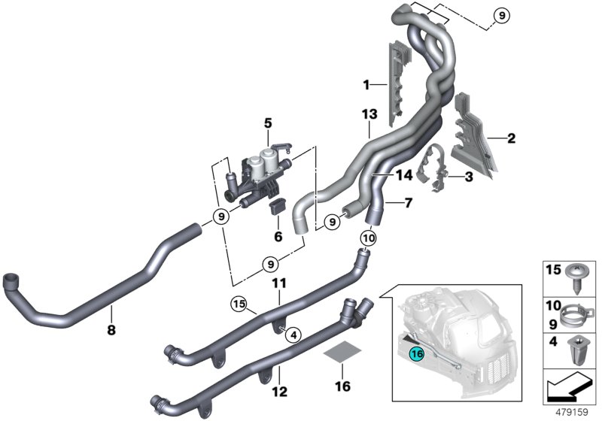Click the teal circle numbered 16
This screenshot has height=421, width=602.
tap(418, 353)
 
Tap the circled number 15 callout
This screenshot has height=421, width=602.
tap(239, 304)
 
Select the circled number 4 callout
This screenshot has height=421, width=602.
tap(293, 335)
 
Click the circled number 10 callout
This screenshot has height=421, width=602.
tap(368, 238)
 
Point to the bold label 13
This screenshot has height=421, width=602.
tap(369, 114)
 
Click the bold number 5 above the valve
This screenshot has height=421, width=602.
tap(268, 123)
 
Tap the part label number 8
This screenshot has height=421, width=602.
tap(111, 329)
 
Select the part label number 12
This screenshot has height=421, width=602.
tap(279, 392)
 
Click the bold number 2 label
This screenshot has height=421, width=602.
tap(511, 138)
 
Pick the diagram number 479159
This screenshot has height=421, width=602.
tap(572, 412)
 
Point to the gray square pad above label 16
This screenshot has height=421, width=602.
tap(342, 351)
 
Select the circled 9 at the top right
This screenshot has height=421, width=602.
tap(501, 16)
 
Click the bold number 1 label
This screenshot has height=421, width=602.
tap(366, 85)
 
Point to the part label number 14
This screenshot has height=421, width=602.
tap(403, 175)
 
